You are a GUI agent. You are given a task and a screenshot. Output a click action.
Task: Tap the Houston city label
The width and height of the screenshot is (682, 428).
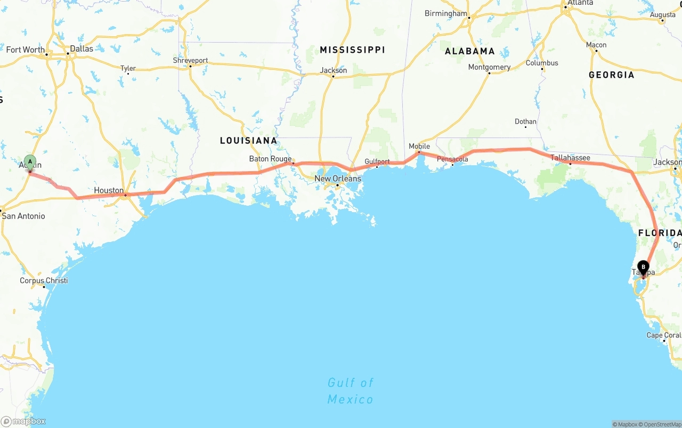pyautogui.click(x=109, y=190)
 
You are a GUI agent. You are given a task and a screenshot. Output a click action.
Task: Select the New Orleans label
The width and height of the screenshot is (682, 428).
pyautogui.click(x=338, y=179)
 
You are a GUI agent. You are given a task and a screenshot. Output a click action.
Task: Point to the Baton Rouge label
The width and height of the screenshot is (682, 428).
pyautogui.click(x=270, y=159)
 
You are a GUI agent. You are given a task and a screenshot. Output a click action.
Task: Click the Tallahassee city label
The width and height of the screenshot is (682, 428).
pyautogui.click(x=570, y=158)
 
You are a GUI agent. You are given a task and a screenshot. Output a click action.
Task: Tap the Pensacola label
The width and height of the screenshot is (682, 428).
pyautogui.click(x=452, y=159)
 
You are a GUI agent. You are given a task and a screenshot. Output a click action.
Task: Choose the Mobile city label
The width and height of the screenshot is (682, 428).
pyautogui.click(x=419, y=146)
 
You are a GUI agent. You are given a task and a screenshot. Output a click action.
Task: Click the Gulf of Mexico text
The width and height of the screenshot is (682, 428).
pyautogui.click(x=351, y=391)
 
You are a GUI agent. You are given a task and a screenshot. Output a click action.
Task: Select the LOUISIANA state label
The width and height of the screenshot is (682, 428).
pyautogui.click(x=249, y=141)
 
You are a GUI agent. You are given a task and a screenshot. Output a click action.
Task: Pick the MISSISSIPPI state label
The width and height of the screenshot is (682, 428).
pyautogui.click(x=352, y=50)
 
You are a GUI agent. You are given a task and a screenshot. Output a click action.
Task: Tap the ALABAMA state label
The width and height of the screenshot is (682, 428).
pyautogui.click(x=470, y=51)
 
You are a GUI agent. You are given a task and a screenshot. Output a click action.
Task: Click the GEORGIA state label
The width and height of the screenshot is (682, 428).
pyautogui.click(x=612, y=75)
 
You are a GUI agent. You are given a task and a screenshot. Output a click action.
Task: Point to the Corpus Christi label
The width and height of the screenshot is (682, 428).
pyautogui.click(x=44, y=280)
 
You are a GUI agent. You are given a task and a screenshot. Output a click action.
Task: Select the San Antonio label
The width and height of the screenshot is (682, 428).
pyautogui.click(x=23, y=216)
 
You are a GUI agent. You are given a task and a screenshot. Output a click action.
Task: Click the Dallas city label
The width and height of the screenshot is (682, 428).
pyautogui.click(x=81, y=49)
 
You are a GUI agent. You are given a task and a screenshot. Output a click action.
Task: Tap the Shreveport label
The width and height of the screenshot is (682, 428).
pyautogui.click(x=190, y=61)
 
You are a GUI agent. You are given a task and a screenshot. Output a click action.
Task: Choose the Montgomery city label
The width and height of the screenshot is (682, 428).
pyautogui.click(x=489, y=67)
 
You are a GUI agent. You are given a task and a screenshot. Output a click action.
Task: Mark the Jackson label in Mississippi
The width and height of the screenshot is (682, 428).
pyautogui.click(x=334, y=70)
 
